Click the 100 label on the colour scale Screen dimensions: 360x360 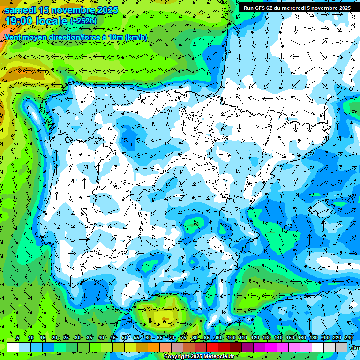tap(231, 338)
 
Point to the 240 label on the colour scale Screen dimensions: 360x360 tap(349, 338)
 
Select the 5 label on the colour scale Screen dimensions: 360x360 tap(18, 338)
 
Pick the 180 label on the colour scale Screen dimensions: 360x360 tap(314, 338)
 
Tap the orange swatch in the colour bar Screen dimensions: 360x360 tap(153, 347)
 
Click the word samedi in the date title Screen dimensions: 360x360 tap(21, 9)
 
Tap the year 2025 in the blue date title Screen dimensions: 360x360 tap(106, 9)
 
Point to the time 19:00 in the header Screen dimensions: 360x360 tap(19, 21)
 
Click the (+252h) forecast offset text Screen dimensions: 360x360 tap(83, 21)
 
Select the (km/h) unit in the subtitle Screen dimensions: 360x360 tap(136, 37)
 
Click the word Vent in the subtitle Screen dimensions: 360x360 tap(13, 37)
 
